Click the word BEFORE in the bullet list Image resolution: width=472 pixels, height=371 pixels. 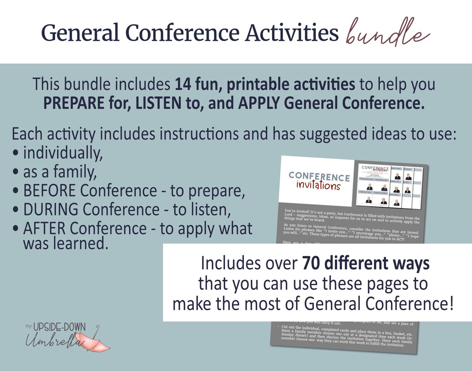pyautogui.click(x=50, y=191)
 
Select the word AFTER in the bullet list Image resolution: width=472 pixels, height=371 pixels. pyautogui.click(x=45, y=229)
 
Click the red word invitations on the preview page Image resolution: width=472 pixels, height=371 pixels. pyautogui.click(x=318, y=185)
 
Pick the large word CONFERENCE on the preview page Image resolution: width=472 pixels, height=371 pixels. pyautogui.click(x=319, y=176)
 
